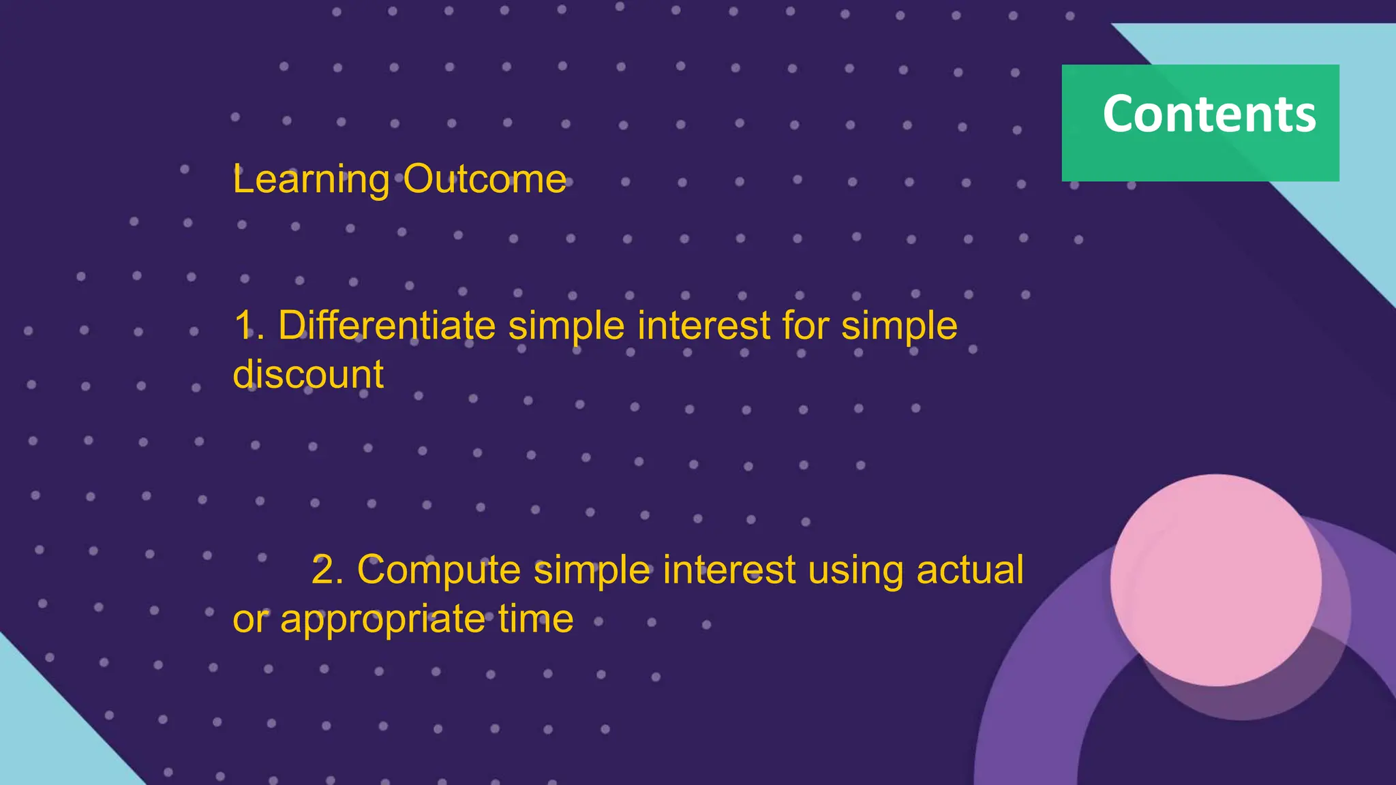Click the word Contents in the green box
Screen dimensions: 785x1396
tap(1209, 114)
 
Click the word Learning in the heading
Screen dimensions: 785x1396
tap(311, 180)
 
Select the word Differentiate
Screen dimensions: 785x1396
tap(386, 325)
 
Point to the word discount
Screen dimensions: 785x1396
tap(308, 374)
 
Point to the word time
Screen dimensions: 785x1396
tap(535, 619)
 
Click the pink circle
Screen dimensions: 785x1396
tap(1215, 579)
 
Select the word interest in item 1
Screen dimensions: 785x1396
tap(704, 325)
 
